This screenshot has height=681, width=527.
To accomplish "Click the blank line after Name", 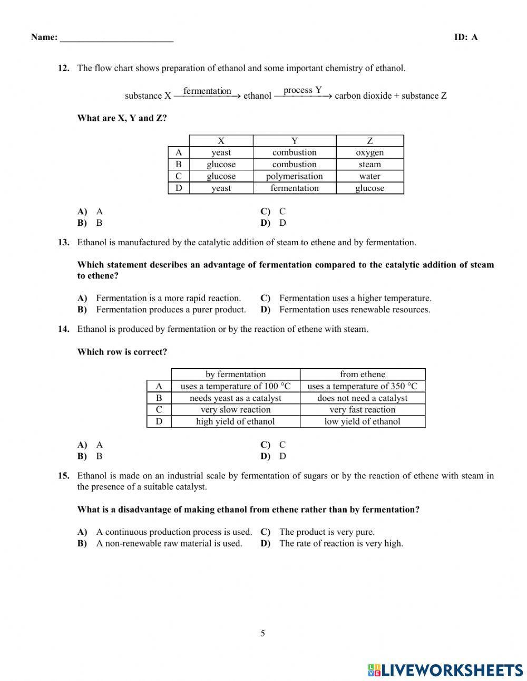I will pos(116,38).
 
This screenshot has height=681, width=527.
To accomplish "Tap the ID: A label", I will pos(465,37).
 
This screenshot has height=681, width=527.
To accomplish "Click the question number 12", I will pos(63,68).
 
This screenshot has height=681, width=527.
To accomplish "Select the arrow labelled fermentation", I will pos(207,96).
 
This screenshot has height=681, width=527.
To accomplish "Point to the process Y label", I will pos(302,90).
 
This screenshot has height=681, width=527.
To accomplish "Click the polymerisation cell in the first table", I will pos(294,176).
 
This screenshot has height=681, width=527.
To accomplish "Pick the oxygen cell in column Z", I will pos(369,152).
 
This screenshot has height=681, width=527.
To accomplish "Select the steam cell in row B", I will pos(369,165).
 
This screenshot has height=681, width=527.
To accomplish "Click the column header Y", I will pos(294,141).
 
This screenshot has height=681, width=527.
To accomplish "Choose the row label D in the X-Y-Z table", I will pos(179,188).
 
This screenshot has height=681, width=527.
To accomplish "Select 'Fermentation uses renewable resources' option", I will pos(354,310).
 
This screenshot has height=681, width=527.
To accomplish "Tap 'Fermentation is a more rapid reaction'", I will pos(168,298).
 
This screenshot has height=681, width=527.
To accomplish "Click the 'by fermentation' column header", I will pos(236,375).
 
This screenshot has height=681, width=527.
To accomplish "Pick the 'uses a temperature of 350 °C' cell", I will pos(362,386).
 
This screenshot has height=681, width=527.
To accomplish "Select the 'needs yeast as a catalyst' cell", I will pos(236,398).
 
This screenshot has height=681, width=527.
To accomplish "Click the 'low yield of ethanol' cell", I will pos(362,421).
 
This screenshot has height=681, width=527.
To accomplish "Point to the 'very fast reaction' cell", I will pos(362,410).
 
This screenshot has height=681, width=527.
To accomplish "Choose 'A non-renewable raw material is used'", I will pos(169,543).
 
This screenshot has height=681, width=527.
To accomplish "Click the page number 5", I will pos(262,634).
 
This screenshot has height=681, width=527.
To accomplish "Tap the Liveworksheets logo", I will pos(445,670).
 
